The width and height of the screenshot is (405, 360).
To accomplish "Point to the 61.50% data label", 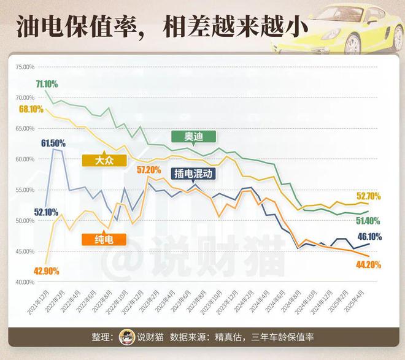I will [53, 143].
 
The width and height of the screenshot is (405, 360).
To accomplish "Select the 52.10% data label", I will [29, 212].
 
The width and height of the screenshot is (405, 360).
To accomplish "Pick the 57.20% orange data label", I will [148, 170].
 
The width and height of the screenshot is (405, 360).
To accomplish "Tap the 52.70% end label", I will [385, 196].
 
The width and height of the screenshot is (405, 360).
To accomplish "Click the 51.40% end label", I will [385, 220].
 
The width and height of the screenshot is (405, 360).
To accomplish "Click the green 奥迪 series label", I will [194, 136].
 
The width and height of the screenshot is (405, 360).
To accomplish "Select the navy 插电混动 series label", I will [193, 174].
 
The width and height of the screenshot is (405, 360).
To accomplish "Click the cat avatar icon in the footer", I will [127, 337].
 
